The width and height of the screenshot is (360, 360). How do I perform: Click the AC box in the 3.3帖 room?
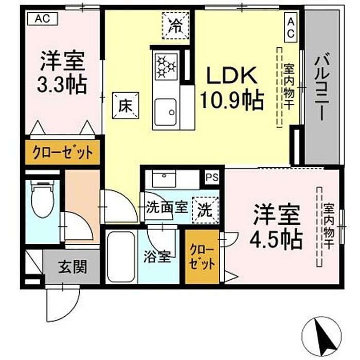click(x=42, y=19)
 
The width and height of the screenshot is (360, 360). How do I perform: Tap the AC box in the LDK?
click(x=291, y=27)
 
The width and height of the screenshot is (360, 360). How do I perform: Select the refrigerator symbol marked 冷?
click(x=176, y=26)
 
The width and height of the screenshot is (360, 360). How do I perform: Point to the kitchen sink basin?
click(x=165, y=112)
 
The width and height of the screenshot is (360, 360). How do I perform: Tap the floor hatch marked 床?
click(x=125, y=105)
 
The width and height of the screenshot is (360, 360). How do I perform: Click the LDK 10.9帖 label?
click(x=232, y=88)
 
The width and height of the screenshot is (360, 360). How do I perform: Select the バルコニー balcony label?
click(x=322, y=86)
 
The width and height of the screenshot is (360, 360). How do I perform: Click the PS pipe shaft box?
click(x=212, y=177)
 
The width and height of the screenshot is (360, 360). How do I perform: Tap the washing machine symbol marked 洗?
click(x=205, y=210)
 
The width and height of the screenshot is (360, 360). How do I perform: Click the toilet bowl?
click(x=43, y=199)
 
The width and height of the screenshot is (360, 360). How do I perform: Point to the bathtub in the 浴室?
click(x=121, y=257)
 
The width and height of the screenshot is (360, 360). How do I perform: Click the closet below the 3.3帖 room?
click(x=62, y=152)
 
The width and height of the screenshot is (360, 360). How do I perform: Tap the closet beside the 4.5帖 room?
click(x=202, y=257)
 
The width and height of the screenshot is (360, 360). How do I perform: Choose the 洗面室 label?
click(x=167, y=207)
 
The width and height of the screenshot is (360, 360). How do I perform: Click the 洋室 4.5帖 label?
click(x=276, y=228)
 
